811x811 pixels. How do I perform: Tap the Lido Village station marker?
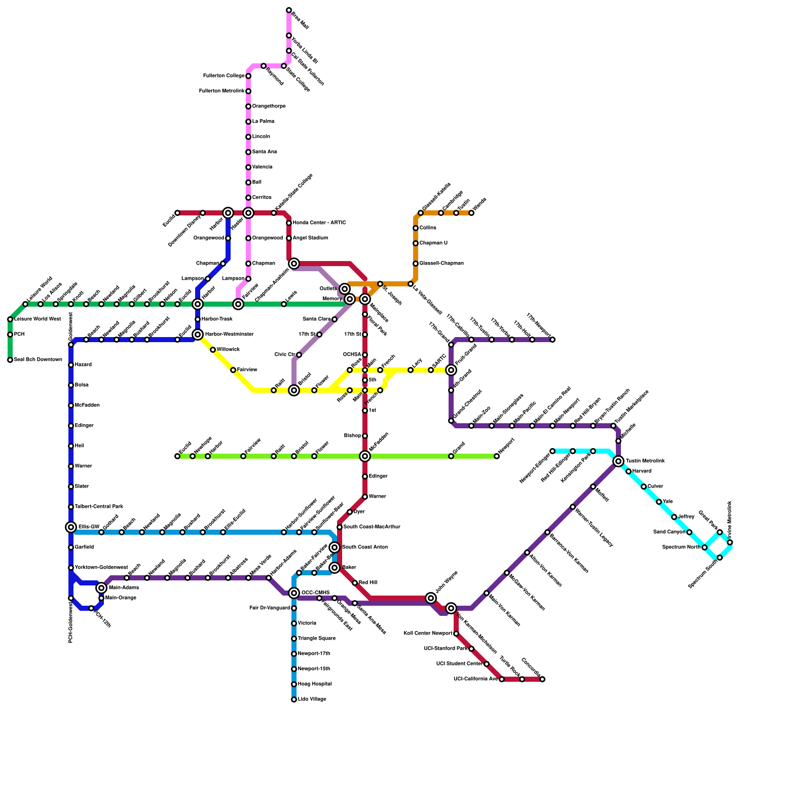(294, 699)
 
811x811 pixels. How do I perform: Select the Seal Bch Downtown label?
(38, 360)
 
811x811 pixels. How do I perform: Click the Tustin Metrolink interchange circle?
(618, 461)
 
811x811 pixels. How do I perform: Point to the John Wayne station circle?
(431, 598)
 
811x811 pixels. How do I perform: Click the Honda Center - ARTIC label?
(319, 223)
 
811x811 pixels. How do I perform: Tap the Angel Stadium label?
(310, 238)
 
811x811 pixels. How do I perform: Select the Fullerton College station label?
(224, 76)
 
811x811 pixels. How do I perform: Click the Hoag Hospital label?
(315, 684)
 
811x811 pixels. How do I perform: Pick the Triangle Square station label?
(317, 639)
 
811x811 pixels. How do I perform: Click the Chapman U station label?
(433, 243)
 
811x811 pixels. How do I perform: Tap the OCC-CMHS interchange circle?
(294, 593)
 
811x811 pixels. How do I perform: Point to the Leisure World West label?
(38, 319)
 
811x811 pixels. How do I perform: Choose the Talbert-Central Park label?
(99, 507)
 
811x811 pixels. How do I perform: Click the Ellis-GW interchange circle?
(71, 527)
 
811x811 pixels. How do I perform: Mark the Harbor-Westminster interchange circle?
(198, 335)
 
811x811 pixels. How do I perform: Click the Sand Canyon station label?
(669, 532)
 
